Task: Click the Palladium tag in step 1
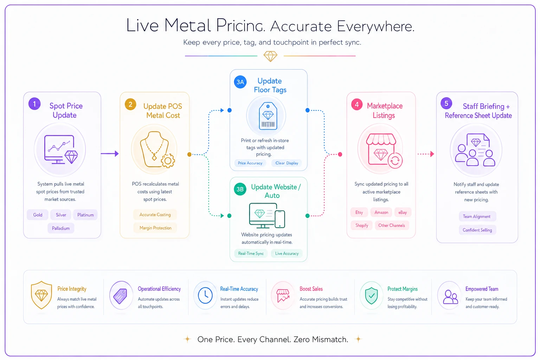click(x=61, y=228)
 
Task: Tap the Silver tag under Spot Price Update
click(x=61, y=214)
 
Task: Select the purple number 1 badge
click(x=34, y=104)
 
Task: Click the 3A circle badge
click(x=240, y=82)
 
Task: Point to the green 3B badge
click(x=240, y=189)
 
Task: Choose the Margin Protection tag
click(x=155, y=227)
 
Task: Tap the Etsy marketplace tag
click(x=359, y=212)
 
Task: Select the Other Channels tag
click(x=392, y=225)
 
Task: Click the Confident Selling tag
click(x=477, y=230)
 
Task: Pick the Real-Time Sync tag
click(x=251, y=253)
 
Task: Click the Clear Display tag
click(x=287, y=163)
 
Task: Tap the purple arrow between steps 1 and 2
click(x=110, y=154)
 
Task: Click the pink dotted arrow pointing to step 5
click(x=426, y=154)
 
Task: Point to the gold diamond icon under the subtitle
click(x=270, y=56)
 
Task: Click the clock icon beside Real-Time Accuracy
click(x=205, y=295)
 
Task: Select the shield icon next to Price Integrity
click(x=41, y=295)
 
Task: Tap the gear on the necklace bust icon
click(x=168, y=161)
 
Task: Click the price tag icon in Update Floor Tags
click(x=268, y=116)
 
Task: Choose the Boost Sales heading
click(x=311, y=289)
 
